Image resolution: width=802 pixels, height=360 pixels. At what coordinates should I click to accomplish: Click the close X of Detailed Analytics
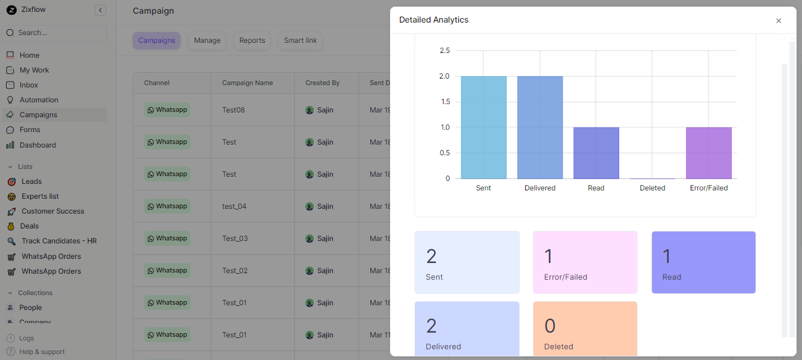coord(778,21)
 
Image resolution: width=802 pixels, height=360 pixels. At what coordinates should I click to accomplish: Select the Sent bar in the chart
coord(483,127)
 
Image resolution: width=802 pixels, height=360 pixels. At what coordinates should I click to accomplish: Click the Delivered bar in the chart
coord(540,127)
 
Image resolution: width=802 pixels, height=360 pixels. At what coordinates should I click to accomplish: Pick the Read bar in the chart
coord(596,153)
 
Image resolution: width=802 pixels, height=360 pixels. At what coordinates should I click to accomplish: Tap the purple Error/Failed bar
coord(709,153)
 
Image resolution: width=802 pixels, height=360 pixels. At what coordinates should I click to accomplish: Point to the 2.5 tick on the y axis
coord(444,51)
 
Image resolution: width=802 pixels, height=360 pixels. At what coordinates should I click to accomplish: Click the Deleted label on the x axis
coord(653,188)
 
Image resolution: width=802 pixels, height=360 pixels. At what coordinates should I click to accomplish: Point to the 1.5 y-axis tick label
coord(444,102)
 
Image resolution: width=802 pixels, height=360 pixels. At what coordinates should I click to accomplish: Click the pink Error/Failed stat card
coord(585,262)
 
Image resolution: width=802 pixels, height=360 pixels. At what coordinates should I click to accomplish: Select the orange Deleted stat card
coord(585,328)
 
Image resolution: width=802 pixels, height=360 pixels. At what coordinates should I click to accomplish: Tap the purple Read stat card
coord(703,262)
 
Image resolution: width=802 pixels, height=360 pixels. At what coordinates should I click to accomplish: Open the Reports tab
coord(252,40)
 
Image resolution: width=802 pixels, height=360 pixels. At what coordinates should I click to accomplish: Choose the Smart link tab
coord(300,40)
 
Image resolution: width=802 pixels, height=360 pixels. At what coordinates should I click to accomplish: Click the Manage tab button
coord(207,40)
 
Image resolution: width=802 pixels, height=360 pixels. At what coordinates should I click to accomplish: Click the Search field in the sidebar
coord(55,33)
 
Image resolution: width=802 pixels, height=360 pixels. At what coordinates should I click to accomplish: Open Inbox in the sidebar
coord(29,85)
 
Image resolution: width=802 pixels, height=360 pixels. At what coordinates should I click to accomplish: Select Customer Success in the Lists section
coord(52,211)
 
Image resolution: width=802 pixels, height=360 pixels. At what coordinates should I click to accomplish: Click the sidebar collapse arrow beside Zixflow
coord(101,10)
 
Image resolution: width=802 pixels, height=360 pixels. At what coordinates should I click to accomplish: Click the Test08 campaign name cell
coord(233,110)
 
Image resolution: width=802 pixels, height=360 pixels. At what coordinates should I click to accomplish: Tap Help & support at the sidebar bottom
coord(42,352)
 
